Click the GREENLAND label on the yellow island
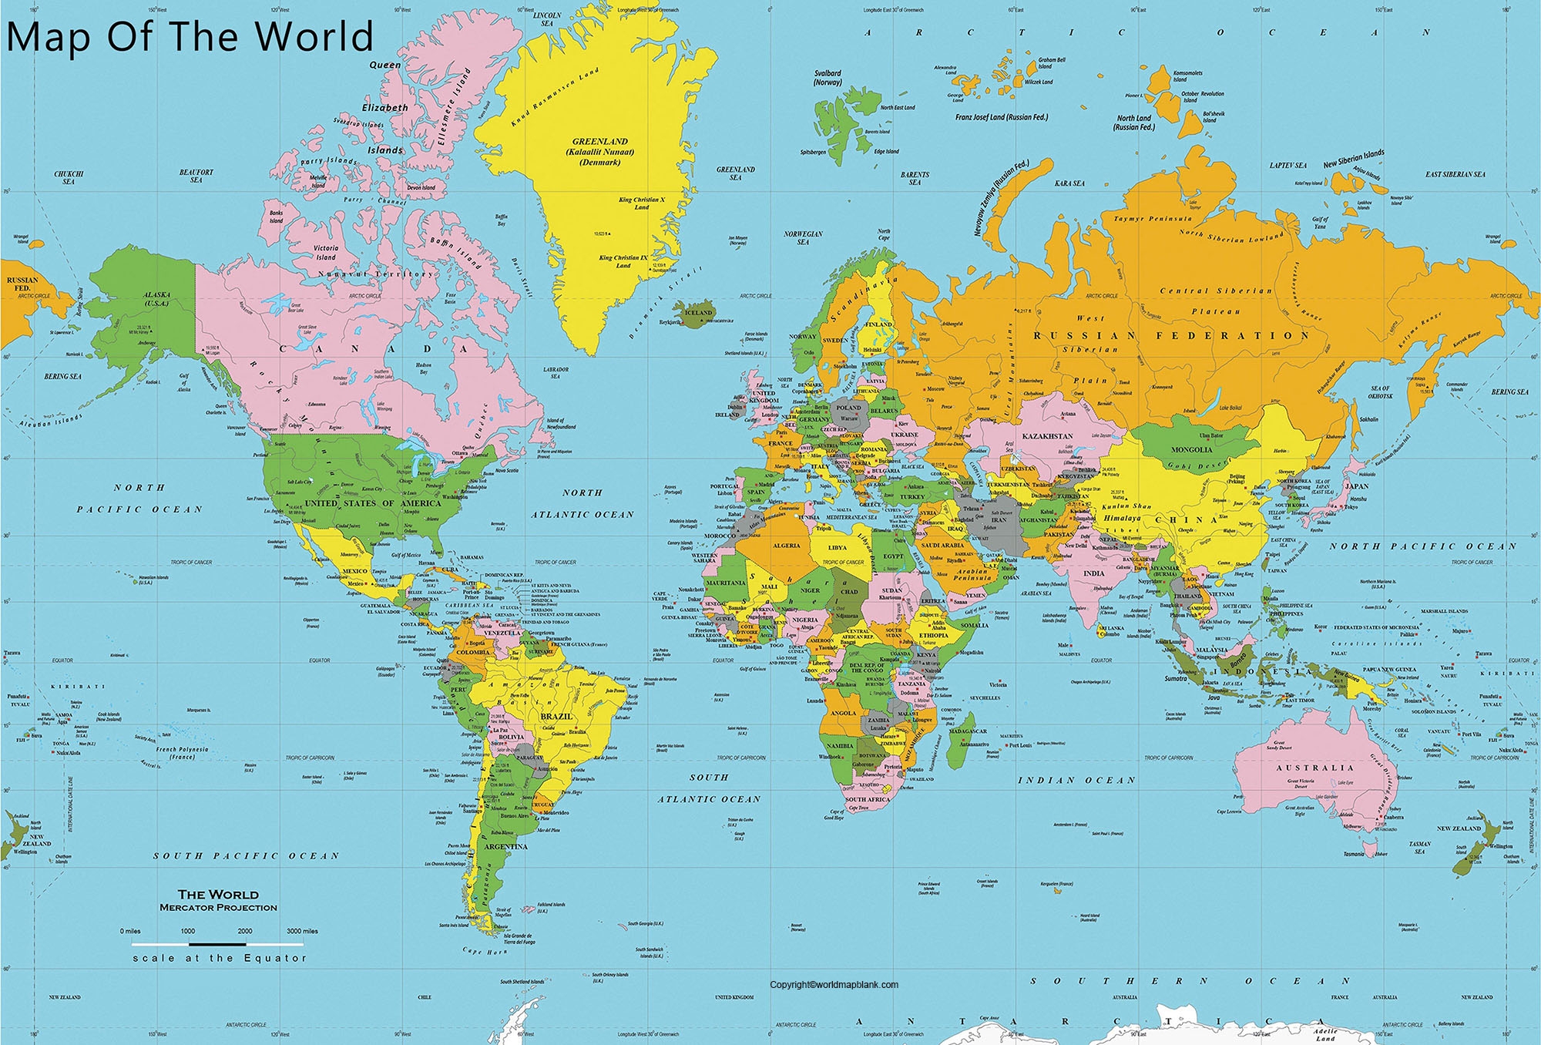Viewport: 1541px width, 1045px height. coord(599,142)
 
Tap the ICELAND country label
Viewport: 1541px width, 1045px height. coord(698,312)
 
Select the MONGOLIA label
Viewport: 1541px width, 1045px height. coord(1191,449)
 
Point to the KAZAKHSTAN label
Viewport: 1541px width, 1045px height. coord(1047,436)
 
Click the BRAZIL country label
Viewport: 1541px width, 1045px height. coord(556,717)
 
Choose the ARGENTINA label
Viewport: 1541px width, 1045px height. coord(505,846)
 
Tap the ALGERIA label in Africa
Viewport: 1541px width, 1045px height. coord(787,546)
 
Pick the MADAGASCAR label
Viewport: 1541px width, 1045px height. coord(967,731)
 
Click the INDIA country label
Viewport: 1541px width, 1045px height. coord(1093,573)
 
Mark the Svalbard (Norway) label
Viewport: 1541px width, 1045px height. coord(828,77)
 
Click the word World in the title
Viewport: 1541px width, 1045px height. coord(314,36)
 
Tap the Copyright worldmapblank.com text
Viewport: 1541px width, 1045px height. coord(834,984)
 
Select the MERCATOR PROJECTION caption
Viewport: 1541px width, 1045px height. coord(218,908)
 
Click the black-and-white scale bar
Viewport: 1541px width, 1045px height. coord(217,943)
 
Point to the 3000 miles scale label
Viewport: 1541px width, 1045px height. coord(302,931)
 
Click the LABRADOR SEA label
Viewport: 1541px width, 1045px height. coord(556,372)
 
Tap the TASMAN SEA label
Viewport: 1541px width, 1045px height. coord(1419,847)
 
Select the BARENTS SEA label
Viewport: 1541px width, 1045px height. coord(915,178)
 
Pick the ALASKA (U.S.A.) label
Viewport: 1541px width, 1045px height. coord(156,298)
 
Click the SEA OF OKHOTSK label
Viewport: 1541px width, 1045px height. coord(1380,391)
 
